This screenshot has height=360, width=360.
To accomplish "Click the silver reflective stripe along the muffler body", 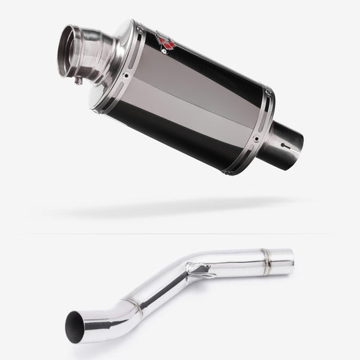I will (196, 98).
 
